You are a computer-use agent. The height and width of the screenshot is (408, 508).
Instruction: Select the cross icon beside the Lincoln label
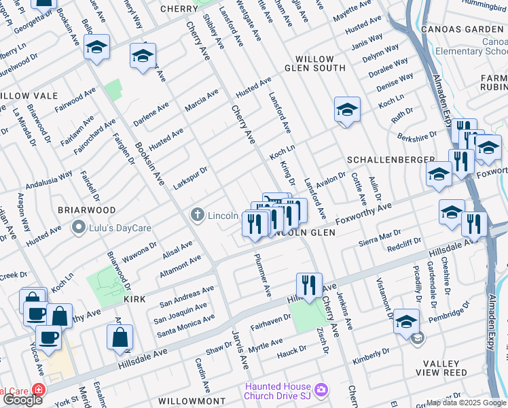[x=198, y=216]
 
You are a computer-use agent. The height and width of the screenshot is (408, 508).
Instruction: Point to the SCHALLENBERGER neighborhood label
[x=390, y=159]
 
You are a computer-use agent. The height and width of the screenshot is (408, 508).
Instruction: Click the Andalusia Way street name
[x=49, y=180]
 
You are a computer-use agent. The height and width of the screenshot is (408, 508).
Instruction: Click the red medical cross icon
[x=38, y=391]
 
